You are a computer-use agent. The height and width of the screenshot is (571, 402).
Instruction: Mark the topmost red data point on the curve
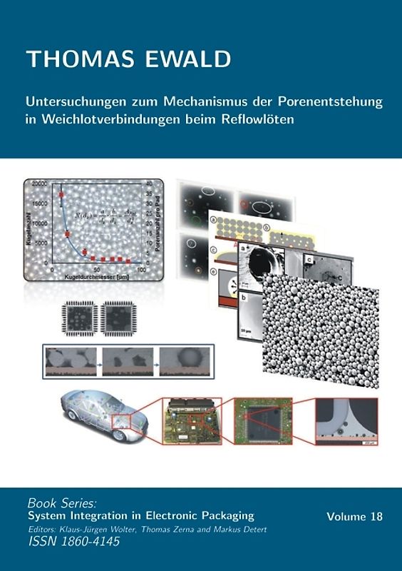[62, 193]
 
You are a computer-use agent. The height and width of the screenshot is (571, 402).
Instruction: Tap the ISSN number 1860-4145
[95, 542]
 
